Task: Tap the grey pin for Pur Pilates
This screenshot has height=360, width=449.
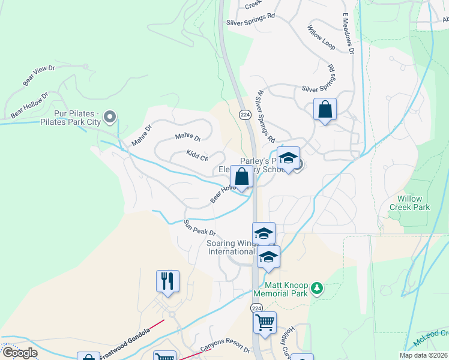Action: coord(109,116)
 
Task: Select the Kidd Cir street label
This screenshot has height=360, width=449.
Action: coord(197,155)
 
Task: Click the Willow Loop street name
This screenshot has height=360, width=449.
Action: coord(321,37)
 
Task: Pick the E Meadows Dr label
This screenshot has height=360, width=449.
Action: coord(348,34)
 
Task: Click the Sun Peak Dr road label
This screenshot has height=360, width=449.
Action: coord(199,228)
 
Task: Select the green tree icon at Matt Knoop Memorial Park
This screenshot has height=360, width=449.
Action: coord(318,289)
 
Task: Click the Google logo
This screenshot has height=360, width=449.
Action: coord(20,353)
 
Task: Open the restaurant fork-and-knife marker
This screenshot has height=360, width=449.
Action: coord(168,281)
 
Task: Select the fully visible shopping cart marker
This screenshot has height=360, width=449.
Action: coord(265,323)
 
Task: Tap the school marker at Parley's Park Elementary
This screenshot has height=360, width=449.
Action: coord(289,159)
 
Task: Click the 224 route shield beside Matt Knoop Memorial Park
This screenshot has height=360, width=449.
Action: coord(255,307)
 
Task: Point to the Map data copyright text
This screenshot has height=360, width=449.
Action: coord(423,355)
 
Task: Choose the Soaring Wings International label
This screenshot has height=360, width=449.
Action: coord(233,247)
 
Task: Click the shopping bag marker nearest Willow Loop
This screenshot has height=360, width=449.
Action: coord(325,109)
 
